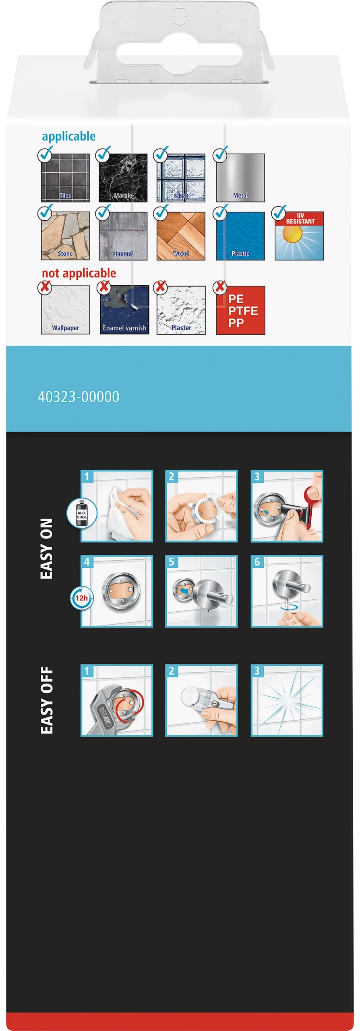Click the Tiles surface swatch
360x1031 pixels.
(65, 178)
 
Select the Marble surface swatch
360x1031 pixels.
(123, 178)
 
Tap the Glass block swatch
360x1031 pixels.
(181, 178)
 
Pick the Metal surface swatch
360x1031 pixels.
(240, 178)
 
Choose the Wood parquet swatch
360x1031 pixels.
(181, 236)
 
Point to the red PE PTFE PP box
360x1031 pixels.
(241, 310)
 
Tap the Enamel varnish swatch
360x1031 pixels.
(124, 310)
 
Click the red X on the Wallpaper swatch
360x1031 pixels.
(45, 287)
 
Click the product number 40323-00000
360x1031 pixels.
(79, 397)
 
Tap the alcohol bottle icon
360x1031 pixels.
(82, 513)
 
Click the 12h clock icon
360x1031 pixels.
(81, 598)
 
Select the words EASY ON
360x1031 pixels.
(46, 549)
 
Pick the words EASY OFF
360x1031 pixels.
(46, 700)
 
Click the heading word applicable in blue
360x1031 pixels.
(69, 137)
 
